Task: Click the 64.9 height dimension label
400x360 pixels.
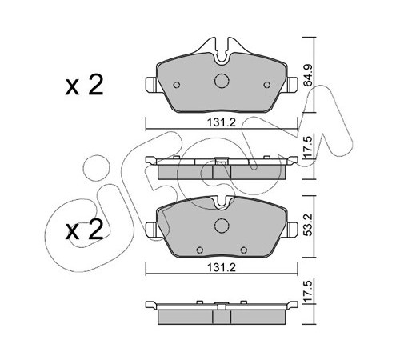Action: point(309,75)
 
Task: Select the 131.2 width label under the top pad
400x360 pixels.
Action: point(222,122)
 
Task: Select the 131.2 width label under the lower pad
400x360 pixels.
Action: point(222,267)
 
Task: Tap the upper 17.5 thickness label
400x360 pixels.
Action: point(309,147)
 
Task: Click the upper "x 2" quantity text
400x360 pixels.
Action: point(84,85)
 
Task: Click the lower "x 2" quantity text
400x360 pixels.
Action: point(84,229)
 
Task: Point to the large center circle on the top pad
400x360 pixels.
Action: point(222,81)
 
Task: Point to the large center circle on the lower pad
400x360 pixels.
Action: point(222,226)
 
